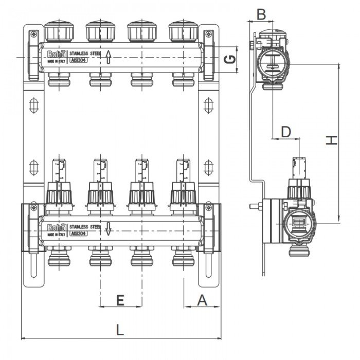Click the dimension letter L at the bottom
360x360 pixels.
pos(119,328)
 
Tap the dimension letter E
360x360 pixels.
pos(119,300)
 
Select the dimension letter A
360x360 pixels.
pos(202,300)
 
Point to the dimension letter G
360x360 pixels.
pos(232,59)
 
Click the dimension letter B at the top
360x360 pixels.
pos(261,14)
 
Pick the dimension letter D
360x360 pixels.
pos(286,132)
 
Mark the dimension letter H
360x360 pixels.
pos(333,140)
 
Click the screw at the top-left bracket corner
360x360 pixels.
pos(33,34)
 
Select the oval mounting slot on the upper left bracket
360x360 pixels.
pos(33,106)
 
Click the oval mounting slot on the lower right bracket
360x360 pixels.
pos(208,167)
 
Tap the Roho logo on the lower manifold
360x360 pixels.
pos(56,227)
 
